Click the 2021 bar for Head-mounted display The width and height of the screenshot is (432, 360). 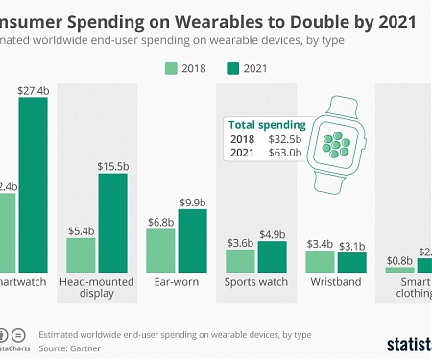[111, 222]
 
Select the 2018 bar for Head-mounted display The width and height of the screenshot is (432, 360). [81, 254]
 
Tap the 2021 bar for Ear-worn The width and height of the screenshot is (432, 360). [192, 240]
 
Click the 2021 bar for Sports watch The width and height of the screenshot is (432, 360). [272, 256]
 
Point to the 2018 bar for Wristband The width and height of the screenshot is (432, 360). [320, 260]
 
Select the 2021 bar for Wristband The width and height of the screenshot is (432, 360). [351, 262]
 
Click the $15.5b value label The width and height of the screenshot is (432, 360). [112, 165]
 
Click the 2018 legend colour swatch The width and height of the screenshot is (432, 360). [172, 68]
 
